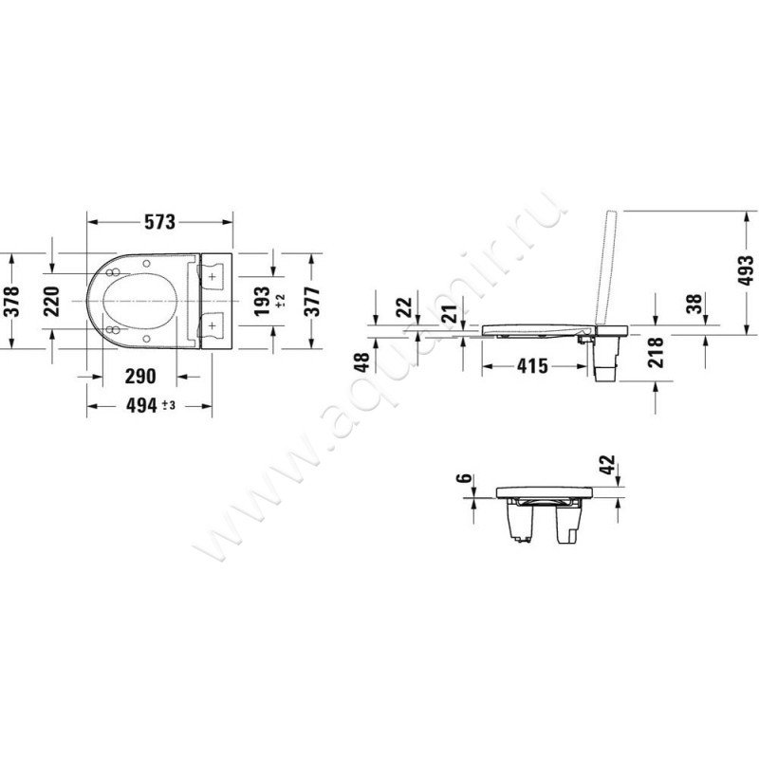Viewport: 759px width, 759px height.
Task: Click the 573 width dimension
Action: pos(160,222)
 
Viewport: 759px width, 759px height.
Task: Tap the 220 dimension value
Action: pos(52,302)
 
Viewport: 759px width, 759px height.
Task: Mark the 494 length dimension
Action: pos(140,405)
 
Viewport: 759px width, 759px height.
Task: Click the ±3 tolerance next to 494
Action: pos(168,405)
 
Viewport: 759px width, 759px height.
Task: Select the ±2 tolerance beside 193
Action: pos(280,302)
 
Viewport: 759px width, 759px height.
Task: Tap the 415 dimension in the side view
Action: pos(531,365)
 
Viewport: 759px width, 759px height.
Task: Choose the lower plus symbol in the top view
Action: pos(213,326)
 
